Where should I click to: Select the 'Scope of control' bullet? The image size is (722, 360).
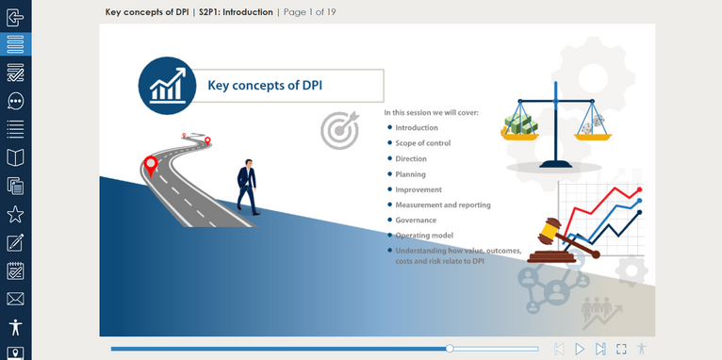coord(422,143)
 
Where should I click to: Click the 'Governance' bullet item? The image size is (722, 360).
coord(416,220)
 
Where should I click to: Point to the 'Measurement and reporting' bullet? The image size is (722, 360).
coord(442,205)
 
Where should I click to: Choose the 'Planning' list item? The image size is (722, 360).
coord(410,174)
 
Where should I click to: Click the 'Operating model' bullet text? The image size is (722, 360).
coord(423,235)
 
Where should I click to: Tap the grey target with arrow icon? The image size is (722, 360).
coord(338,131)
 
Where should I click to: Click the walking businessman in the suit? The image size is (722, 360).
coord(246,186)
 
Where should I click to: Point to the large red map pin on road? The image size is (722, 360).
coord(150,167)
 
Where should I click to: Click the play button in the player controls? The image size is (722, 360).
coord(580,349)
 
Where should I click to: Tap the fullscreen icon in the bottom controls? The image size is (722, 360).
coord(621,349)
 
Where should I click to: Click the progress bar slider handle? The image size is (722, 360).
coord(450,349)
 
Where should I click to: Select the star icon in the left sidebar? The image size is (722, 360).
coord(15,214)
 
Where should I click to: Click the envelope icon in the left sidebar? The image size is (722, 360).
coord(15,299)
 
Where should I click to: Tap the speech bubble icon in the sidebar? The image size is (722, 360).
coord(15,101)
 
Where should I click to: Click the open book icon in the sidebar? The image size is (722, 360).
coord(15,157)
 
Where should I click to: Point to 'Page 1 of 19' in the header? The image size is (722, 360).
coord(309,12)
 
